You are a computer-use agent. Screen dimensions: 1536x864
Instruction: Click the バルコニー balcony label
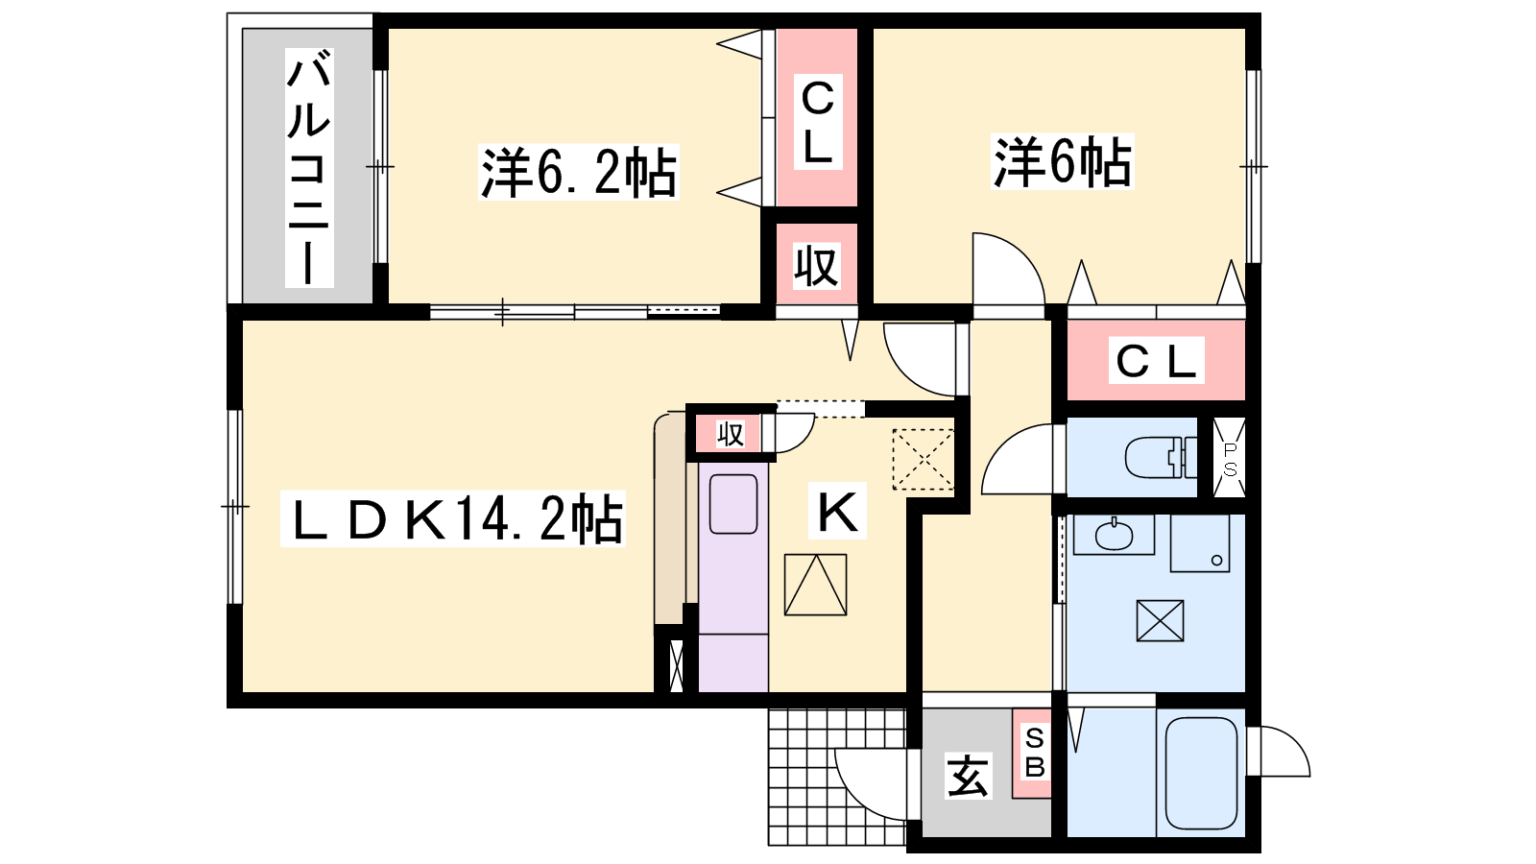click(309, 168)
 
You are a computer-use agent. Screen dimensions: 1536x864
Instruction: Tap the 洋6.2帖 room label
click(579, 172)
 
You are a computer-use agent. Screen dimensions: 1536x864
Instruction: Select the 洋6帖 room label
click(1062, 162)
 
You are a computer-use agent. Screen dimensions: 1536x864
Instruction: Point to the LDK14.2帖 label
click(453, 518)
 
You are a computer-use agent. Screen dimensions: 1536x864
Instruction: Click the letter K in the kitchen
click(837, 511)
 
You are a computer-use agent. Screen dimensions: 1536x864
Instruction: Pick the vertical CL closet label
click(817, 121)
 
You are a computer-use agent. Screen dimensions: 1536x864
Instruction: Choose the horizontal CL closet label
click(1156, 360)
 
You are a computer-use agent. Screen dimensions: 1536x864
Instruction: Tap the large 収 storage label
click(816, 266)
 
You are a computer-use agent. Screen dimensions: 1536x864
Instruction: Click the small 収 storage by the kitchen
click(730, 434)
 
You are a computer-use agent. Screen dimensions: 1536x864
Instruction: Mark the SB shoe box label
click(1034, 753)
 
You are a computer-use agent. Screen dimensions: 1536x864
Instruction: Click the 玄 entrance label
click(968, 776)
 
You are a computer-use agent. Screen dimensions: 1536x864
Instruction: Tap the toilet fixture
click(1161, 457)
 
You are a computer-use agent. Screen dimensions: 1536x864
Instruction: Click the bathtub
click(1201, 773)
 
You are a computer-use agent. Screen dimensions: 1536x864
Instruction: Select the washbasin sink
click(1115, 535)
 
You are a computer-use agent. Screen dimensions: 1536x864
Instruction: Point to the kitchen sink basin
click(733, 504)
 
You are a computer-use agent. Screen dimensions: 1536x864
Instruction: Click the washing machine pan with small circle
click(1200, 542)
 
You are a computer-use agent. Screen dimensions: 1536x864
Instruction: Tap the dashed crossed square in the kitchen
click(923, 460)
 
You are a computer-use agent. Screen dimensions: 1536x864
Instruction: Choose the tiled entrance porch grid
click(837, 777)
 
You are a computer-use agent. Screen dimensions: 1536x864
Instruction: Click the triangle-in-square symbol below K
click(815, 585)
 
